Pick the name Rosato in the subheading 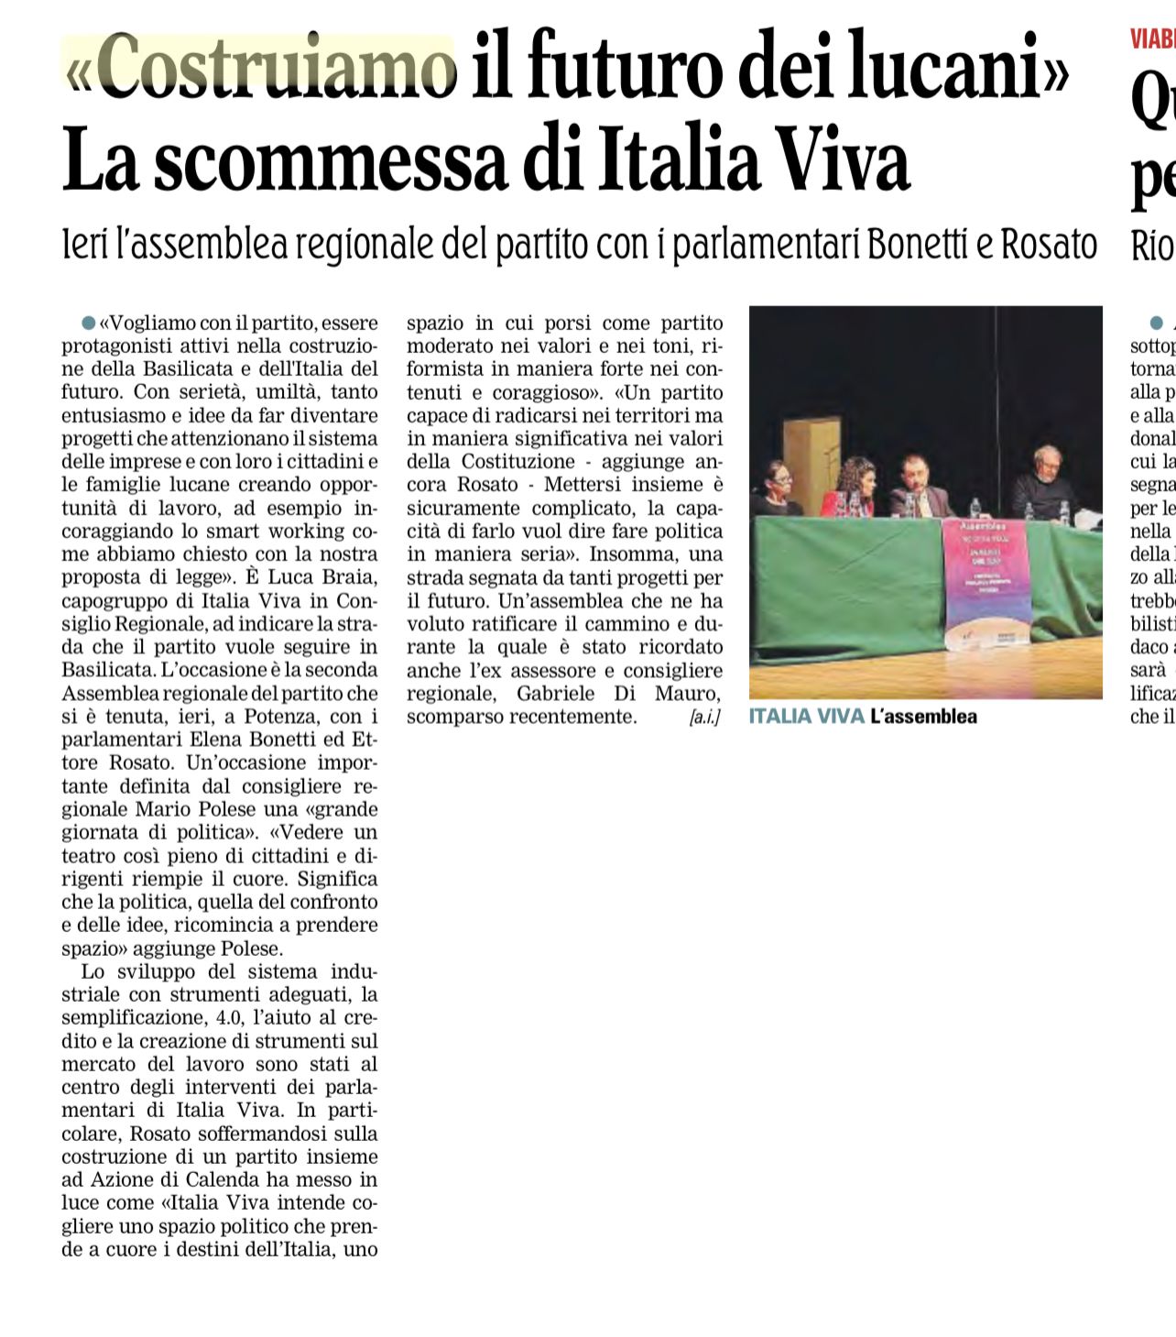point(1049,244)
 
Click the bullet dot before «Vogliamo point(88,323)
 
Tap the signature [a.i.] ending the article point(704,718)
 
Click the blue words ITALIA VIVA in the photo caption point(806,717)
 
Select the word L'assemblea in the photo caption point(924,717)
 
